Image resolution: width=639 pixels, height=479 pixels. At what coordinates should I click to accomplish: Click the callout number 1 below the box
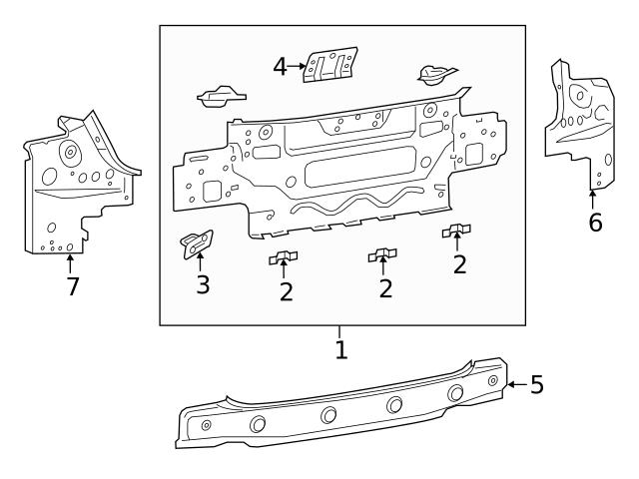click(340, 350)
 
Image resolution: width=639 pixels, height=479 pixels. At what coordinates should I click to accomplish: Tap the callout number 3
click(202, 284)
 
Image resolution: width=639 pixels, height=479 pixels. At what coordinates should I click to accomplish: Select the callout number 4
click(282, 67)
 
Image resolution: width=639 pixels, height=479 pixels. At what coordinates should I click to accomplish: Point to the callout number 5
click(536, 384)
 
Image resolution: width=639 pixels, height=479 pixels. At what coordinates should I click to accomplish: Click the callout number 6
click(595, 222)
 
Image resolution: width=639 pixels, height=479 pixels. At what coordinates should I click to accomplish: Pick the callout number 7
click(72, 286)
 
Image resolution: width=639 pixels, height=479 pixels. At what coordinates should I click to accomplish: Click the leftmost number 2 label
click(286, 291)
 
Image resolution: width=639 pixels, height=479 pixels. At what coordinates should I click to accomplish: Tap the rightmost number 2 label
click(459, 264)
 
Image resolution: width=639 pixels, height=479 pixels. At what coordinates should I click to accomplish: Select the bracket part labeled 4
click(331, 65)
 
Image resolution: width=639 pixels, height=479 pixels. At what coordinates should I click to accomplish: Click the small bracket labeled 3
click(196, 243)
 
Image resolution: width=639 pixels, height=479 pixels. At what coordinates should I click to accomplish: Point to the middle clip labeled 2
click(382, 255)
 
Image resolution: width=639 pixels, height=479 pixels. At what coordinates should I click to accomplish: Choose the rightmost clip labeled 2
click(457, 233)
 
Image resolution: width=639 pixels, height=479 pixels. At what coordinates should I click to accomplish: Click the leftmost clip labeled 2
click(285, 258)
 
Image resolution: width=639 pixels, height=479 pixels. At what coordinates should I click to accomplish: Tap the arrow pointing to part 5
click(515, 383)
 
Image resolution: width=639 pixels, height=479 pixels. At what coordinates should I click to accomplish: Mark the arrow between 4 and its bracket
click(299, 67)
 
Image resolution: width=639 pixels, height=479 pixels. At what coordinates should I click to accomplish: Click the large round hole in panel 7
click(70, 154)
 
